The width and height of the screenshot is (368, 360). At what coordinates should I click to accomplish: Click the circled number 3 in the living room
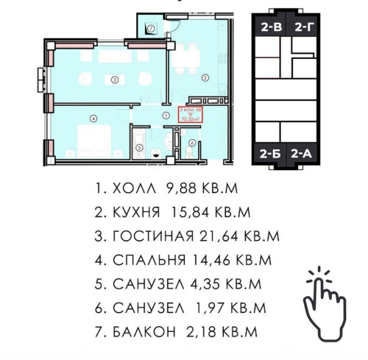(114, 79)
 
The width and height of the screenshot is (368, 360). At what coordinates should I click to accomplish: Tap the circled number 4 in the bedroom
(93, 117)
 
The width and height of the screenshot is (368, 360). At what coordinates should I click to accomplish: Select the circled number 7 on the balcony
(150, 29)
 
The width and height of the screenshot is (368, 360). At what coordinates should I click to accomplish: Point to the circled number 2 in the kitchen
(206, 76)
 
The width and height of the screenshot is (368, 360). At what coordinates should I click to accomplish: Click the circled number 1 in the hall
(166, 116)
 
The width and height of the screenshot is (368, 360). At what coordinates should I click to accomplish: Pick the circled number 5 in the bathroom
(138, 146)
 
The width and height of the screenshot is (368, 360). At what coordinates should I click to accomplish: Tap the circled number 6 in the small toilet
(192, 144)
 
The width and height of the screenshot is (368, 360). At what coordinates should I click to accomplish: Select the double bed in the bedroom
(96, 138)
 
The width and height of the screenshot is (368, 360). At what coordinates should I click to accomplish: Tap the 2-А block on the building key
(302, 153)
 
